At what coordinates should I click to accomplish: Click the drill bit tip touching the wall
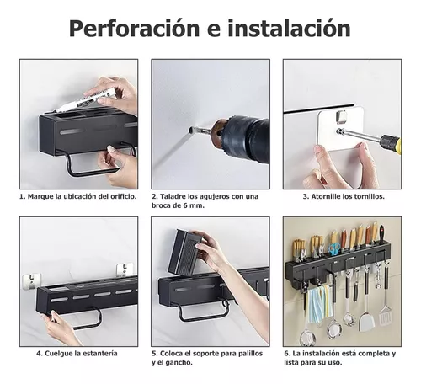point(193,131)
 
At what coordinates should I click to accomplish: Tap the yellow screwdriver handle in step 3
point(390,142)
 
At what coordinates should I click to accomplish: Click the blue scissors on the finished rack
point(334,249)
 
